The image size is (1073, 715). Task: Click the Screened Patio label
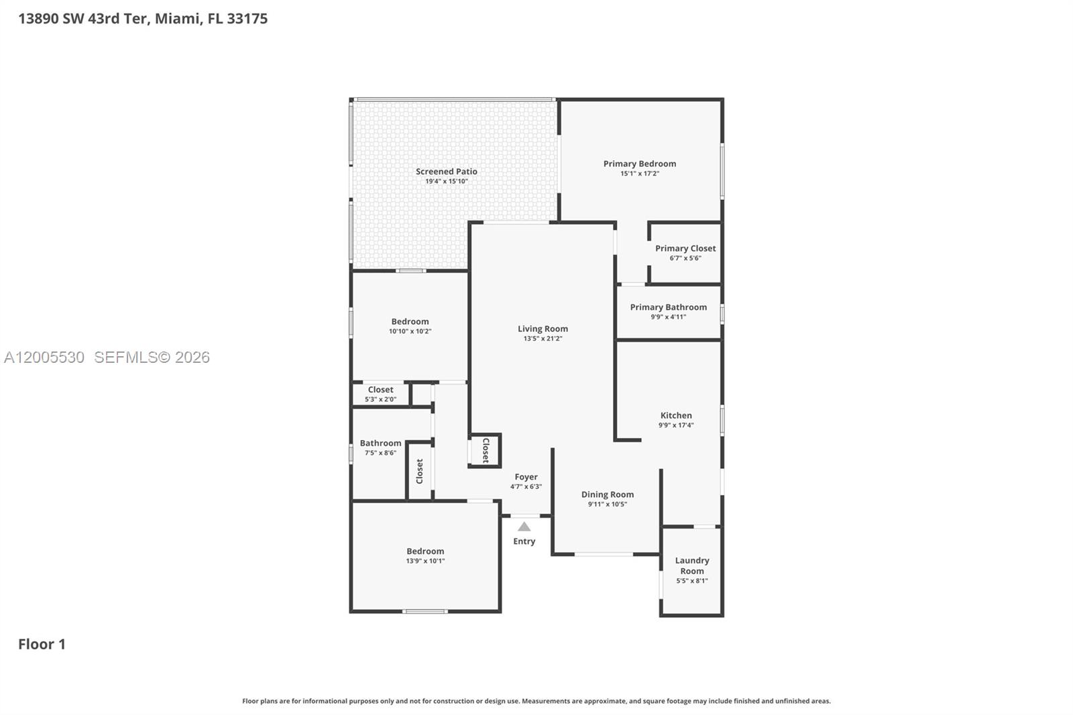446,172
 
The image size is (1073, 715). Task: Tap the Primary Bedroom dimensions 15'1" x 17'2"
639,174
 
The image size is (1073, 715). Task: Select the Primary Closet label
685,248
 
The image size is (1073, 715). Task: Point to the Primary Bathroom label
668,307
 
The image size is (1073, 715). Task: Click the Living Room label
543,329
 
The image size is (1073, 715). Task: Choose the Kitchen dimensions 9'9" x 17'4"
676,425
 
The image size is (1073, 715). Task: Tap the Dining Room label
607,494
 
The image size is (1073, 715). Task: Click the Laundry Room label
692,565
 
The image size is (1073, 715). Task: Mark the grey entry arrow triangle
524,527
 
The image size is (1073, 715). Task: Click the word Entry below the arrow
524,541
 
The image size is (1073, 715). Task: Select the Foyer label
526,477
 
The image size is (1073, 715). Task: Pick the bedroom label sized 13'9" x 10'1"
425,551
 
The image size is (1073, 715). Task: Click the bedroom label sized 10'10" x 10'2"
410,321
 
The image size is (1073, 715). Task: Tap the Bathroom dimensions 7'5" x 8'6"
380,453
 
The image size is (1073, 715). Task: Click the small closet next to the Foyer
486,451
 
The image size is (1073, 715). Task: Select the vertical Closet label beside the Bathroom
420,471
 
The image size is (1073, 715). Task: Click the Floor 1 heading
42,644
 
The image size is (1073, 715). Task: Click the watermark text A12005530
44,357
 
